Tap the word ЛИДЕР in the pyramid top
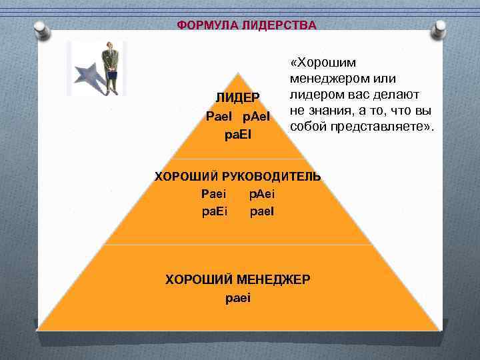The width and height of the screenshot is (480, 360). tap(238, 98)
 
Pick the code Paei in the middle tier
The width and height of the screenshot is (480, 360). tap(213, 194)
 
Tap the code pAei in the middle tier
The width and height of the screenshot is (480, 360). tap(261, 194)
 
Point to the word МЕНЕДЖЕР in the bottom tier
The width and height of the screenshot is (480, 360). tap(273, 279)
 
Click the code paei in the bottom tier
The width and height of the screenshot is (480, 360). tap(238, 297)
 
